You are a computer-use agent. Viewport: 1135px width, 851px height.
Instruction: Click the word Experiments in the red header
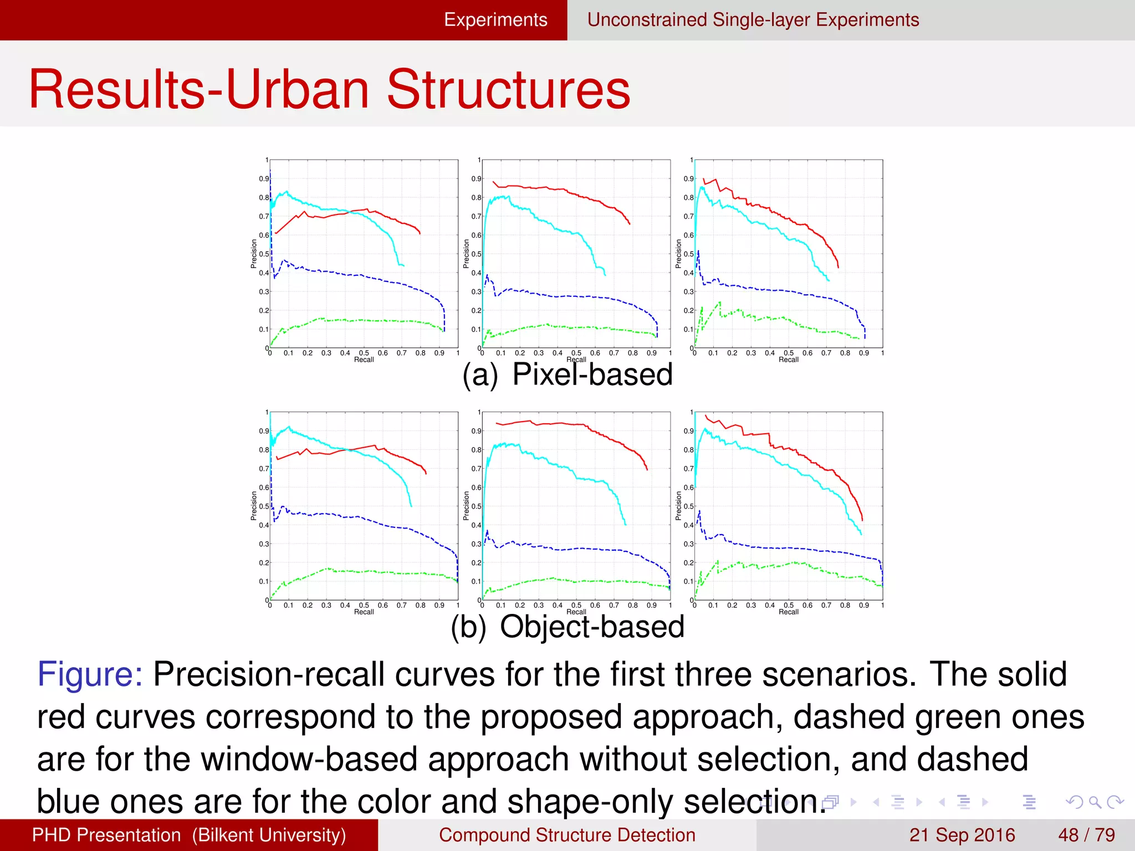tap(495, 20)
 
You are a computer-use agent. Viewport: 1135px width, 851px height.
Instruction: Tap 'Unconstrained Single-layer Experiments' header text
tap(753, 20)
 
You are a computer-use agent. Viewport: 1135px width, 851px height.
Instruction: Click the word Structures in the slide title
tap(508, 90)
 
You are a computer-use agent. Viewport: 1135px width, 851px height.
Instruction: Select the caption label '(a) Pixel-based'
tap(567, 375)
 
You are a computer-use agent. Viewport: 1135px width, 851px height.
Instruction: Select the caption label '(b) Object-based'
tap(567, 627)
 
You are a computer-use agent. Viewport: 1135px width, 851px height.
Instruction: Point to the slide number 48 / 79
tap(1086, 835)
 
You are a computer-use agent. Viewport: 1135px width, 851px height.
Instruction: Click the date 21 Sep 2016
tap(962, 835)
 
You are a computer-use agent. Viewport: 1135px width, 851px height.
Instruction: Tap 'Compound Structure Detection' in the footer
tap(567, 835)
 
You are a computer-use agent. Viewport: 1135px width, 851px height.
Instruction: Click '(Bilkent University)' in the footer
tap(269, 835)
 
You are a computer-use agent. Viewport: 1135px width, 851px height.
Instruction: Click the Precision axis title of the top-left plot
tap(254, 254)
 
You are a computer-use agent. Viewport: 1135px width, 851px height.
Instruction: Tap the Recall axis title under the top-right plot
tap(788, 360)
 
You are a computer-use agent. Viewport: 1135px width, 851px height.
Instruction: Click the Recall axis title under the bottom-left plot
tap(364, 612)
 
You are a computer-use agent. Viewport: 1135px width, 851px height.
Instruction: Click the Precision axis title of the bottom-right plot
tap(678, 506)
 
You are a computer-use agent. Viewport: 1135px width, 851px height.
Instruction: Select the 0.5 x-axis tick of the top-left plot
tap(364, 353)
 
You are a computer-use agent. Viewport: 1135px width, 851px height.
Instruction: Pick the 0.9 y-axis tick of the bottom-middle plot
tap(476, 431)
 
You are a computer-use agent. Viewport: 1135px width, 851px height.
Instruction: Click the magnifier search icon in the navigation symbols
tap(1095, 802)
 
